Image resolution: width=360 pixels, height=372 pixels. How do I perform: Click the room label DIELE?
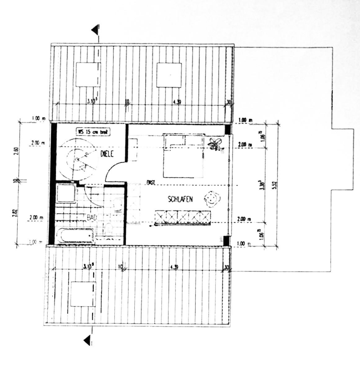[108, 153]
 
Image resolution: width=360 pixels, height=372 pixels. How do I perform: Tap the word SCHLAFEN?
[180, 199]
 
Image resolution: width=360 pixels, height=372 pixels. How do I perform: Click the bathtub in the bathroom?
[75, 237]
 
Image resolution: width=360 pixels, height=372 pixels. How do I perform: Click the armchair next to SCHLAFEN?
[212, 198]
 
